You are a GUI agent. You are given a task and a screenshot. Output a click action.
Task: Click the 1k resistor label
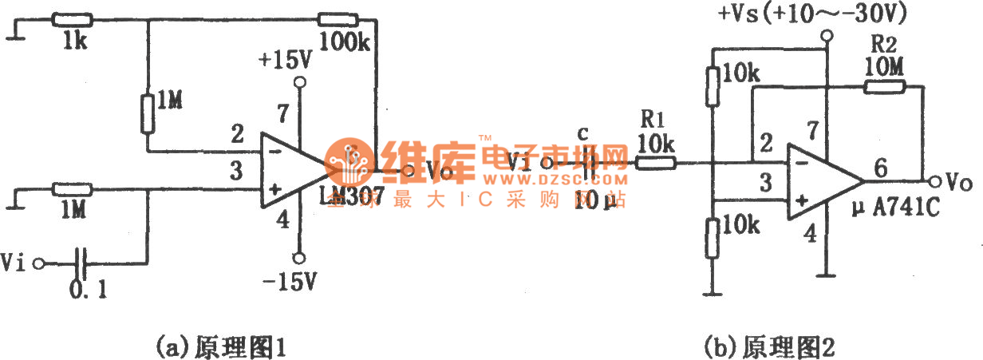click(77, 41)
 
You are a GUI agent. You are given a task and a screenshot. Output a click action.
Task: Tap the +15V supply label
click(285, 61)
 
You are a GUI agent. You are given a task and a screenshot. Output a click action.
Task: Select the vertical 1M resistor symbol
click(148, 113)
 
